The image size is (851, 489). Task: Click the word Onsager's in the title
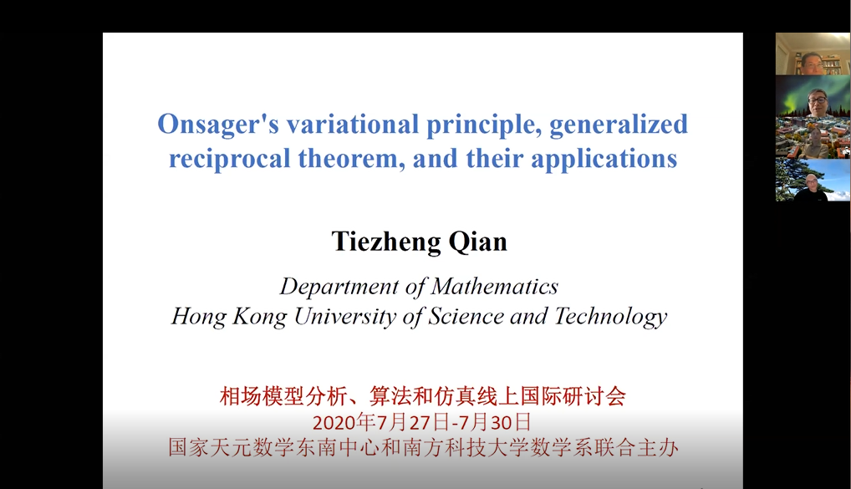(218, 125)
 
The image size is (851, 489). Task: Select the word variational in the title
(352, 125)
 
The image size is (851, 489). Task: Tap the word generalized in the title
(618, 125)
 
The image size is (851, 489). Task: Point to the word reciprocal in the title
(230, 160)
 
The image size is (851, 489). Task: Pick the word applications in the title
(604, 160)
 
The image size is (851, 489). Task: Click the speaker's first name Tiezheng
(386, 242)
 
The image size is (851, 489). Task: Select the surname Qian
(477, 242)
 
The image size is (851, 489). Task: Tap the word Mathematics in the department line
(495, 287)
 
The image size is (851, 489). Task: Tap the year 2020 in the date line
(331, 422)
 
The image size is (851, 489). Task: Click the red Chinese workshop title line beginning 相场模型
(422, 396)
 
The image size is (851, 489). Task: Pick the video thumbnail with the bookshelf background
(813, 53)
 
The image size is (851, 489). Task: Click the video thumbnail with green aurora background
(813, 96)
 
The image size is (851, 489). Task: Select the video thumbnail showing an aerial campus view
(813, 138)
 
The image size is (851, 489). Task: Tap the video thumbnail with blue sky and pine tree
(813, 181)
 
